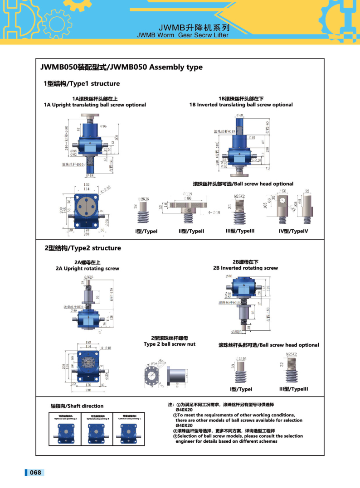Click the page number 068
coord(35,473)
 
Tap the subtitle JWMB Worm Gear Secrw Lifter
coord(183,34)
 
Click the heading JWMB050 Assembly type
coord(122,68)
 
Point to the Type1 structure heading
coord(82,84)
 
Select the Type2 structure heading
coord(83,248)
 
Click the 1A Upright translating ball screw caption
coord(95,105)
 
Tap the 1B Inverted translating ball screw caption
coord(241,105)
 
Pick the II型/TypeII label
coord(191,231)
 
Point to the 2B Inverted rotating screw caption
coord(245,268)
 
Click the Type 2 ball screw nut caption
coord(169,344)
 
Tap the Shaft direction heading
coord(77,406)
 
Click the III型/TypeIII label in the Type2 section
coord(293,389)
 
